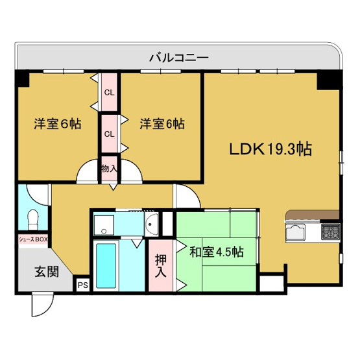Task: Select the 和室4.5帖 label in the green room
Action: coord(217,251)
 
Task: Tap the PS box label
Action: coord(82,284)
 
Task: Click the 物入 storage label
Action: coord(109,168)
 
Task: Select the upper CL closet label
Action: coord(109,92)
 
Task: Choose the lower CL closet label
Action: coord(109,134)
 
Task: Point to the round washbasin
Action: coord(151,226)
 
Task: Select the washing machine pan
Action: coord(104,224)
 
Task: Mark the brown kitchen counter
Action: coord(311,215)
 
